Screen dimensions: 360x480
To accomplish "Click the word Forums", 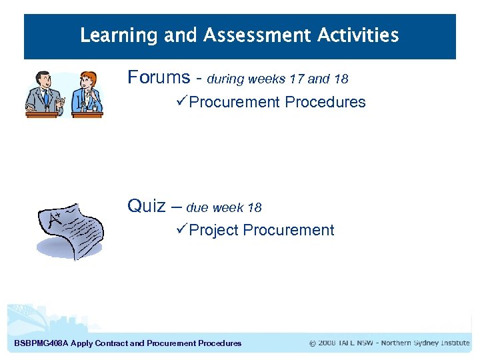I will click(x=159, y=77).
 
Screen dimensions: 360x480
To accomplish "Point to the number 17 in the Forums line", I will click(x=297, y=79).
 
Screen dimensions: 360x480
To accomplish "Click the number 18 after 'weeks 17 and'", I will click(x=341, y=79).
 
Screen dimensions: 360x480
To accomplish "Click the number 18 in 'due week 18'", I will click(x=254, y=208).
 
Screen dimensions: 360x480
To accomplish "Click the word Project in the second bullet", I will click(x=214, y=231).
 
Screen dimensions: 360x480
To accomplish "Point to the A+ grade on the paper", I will click(x=48, y=218).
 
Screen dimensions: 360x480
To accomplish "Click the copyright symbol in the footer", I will click(x=313, y=343).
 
